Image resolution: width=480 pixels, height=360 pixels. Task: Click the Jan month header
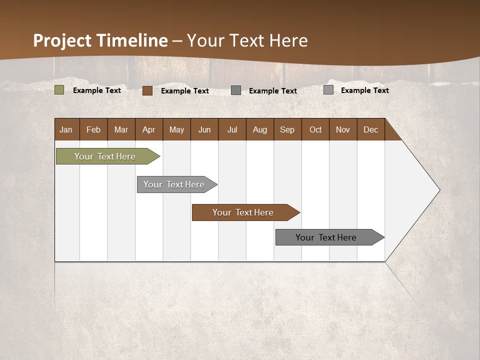point(66,129)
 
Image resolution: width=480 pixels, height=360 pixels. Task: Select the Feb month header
point(93,129)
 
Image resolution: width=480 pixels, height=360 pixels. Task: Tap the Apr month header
point(148,129)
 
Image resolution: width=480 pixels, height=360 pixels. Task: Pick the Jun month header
point(204,129)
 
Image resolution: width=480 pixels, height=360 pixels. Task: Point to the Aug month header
point(260,129)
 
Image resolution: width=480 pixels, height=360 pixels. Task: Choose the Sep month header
point(287,129)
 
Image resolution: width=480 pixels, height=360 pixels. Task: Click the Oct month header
point(315,129)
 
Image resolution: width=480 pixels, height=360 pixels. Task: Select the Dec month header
point(371,129)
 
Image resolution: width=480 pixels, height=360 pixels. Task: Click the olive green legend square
point(59,90)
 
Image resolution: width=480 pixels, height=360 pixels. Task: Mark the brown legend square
point(147,90)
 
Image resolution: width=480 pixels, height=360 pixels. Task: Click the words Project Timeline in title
point(100,40)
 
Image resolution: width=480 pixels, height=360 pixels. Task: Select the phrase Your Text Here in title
point(247,40)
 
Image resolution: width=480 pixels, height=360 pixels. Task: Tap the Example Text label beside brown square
point(185,91)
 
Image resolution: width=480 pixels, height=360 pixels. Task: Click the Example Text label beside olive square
point(97,90)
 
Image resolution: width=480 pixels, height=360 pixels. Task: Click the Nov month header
point(343,129)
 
